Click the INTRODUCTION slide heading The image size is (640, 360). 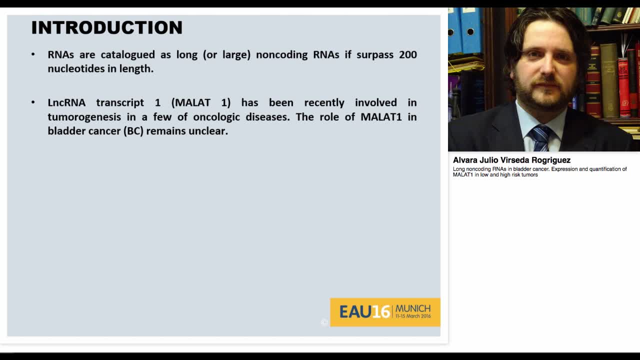pos(106,27)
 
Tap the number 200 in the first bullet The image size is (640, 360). pos(407,54)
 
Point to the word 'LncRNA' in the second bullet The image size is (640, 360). pos(66,102)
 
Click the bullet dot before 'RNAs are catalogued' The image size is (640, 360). pos(33,54)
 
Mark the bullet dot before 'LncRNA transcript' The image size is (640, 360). pos(33,102)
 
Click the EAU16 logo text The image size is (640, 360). pos(364,312)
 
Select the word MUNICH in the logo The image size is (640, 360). pos(412,308)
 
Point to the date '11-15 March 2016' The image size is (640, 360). pos(412,316)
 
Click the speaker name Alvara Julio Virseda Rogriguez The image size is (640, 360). pos(511,160)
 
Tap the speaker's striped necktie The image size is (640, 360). pos(540,137)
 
